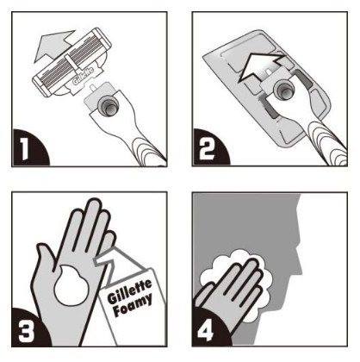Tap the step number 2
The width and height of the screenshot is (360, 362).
coord(208,149)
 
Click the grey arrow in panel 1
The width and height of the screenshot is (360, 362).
coord(53,46)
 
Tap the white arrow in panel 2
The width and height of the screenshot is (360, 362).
coord(260,66)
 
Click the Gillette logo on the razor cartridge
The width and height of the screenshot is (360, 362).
coord(83,76)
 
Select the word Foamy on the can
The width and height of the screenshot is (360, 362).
coord(133,304)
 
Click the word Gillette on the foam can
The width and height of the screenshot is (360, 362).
coord(129,291)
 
